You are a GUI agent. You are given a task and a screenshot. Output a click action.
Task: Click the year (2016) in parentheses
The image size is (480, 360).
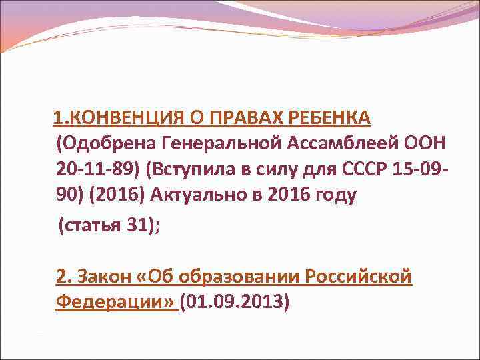point(115,195)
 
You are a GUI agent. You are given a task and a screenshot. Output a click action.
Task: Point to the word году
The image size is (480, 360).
point(333,195)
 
